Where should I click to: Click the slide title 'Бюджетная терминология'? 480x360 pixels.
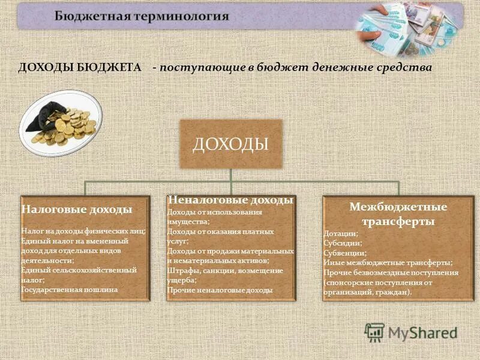click(x=142, y=16)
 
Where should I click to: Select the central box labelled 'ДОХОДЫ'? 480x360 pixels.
click(x=230, y=144)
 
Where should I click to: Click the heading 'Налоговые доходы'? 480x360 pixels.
click(x=77, y=210)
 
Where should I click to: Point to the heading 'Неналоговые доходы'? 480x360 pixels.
click(x=230, y=200)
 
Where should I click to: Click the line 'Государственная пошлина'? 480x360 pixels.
click(x=70, y=289)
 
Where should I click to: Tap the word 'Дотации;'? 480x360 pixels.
click(x=341, y=233)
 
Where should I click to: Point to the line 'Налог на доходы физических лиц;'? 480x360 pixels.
click(x=83, y=231)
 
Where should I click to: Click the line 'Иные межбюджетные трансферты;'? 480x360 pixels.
click(x=388, y=262)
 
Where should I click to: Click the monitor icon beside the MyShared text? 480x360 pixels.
click(x=374, y=332)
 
